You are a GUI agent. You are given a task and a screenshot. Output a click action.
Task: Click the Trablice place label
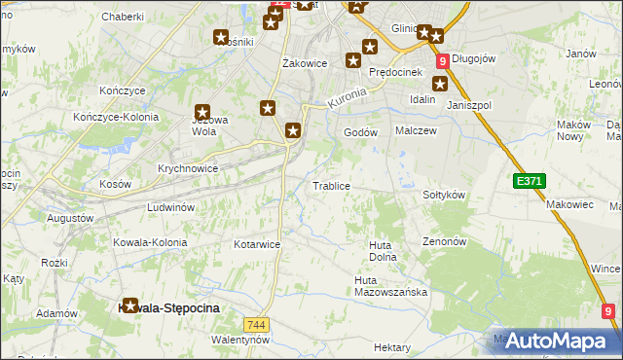point(330,185)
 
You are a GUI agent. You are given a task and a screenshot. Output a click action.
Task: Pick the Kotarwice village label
point(258,244)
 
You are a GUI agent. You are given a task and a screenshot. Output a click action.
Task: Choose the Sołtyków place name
point(444,195)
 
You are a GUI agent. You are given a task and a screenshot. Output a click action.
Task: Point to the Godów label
point(360,132)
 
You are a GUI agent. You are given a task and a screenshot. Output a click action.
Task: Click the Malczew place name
point(414,129)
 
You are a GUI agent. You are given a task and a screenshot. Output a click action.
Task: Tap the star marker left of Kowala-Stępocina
point(129,306)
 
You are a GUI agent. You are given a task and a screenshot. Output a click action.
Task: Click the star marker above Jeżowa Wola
point(202,113)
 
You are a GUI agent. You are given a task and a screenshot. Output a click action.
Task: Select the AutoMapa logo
point(555,341)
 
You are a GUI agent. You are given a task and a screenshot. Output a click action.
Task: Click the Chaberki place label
point(123,17)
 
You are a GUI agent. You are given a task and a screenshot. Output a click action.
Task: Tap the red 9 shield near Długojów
point(443,60)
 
